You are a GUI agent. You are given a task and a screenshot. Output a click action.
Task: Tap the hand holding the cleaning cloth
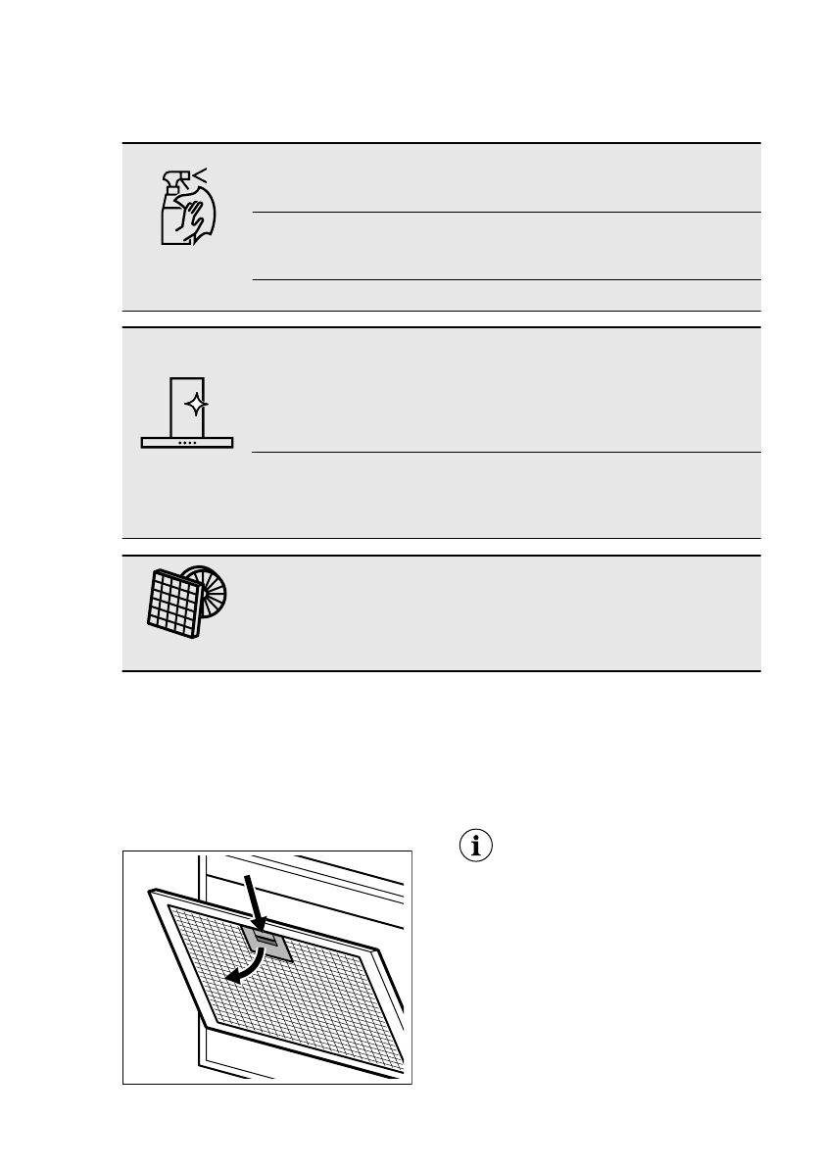tap(198, 216)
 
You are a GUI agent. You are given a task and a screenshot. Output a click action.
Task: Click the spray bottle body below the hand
tap(172, 230)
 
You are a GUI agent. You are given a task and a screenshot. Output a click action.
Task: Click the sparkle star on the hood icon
tap(196, 405)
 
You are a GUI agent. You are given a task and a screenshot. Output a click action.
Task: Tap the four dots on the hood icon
tap(187, 443)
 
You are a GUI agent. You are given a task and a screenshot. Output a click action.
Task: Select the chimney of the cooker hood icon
tap(187, 405)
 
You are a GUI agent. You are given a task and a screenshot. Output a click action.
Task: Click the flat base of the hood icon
tap(187, 443)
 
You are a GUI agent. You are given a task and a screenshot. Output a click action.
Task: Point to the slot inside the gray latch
tap(265, 939)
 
